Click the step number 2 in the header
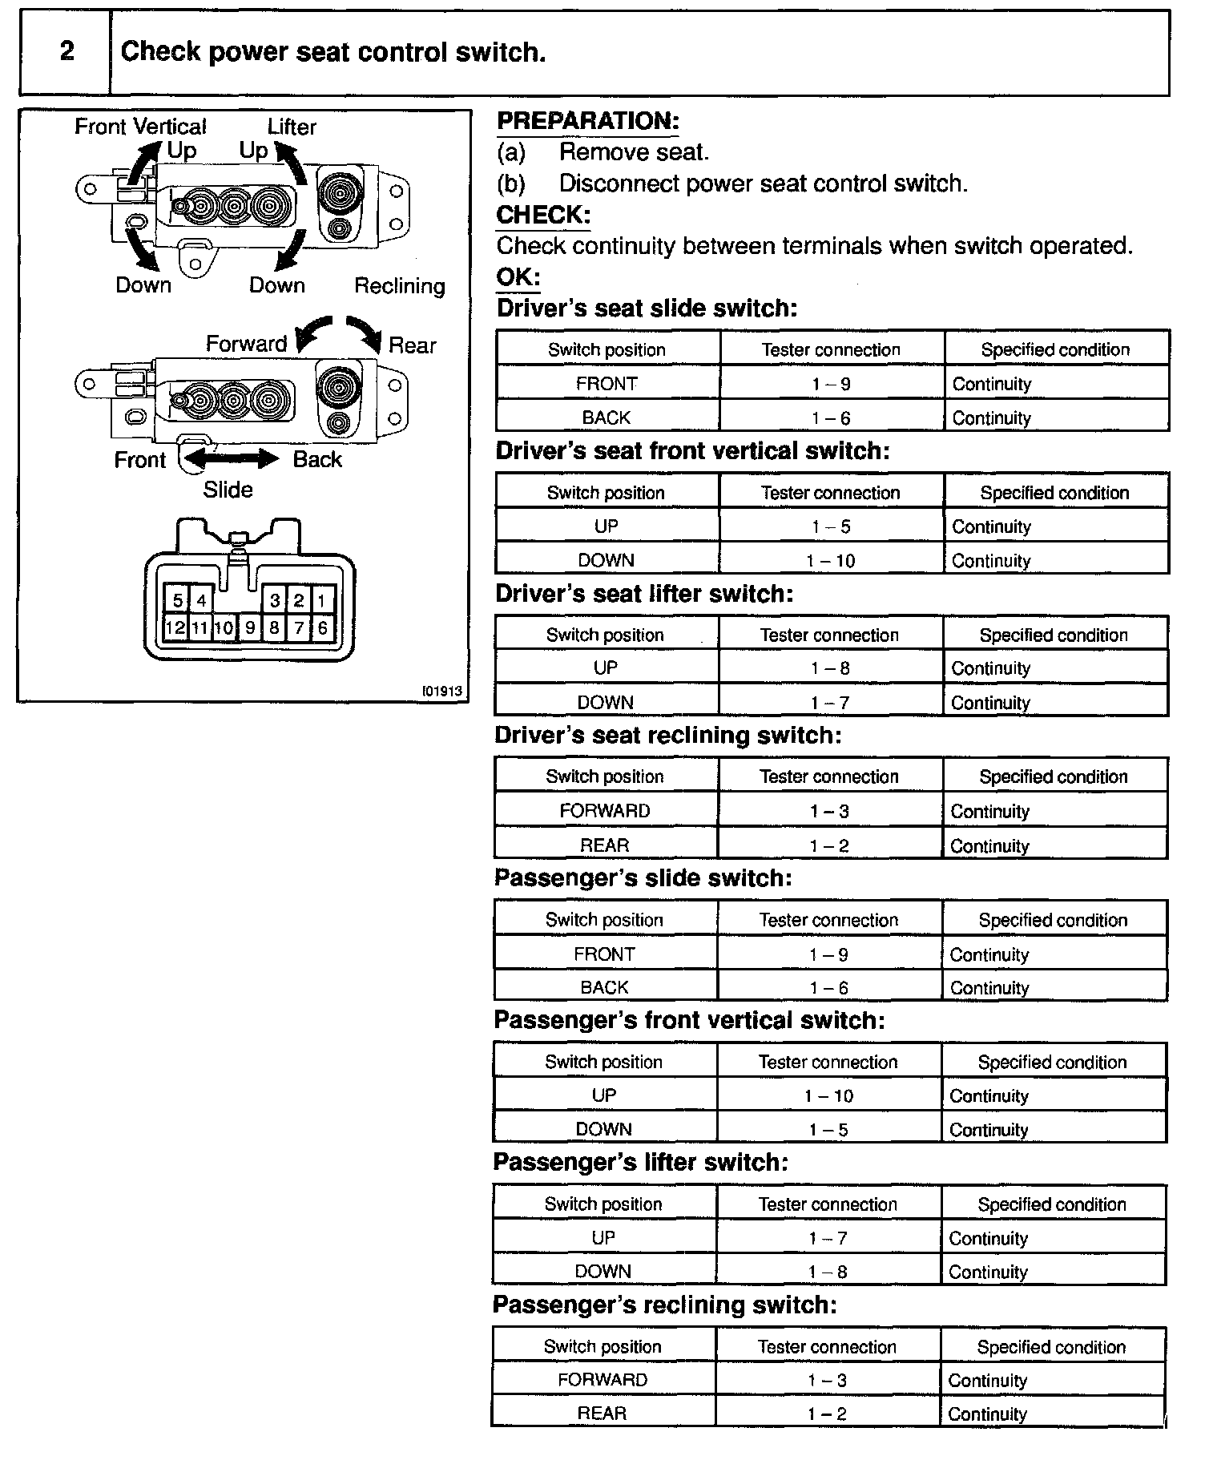coord(67,51)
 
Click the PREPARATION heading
coord(587,121)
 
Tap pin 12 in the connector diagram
coord(175,627)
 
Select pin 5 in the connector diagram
coord(177,600)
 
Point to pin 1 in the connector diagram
coord(321,600)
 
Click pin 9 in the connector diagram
coord(250,627)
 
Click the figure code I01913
coord(442,691)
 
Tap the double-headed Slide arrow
coord(232,458)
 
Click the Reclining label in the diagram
coord(399,286)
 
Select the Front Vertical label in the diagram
coord(140,127)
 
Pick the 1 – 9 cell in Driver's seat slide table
coord(831,384)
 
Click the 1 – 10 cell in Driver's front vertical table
coord(831,561)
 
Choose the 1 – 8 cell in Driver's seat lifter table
coord(830,668)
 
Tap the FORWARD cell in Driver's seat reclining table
coord(605,811)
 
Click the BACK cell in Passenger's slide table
coord(604,988)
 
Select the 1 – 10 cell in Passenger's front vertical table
coord(828,1095)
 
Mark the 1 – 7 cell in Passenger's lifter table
coord(828,1238)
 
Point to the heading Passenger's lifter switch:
coord(640,1163)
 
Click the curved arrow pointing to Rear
coord(365,332)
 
